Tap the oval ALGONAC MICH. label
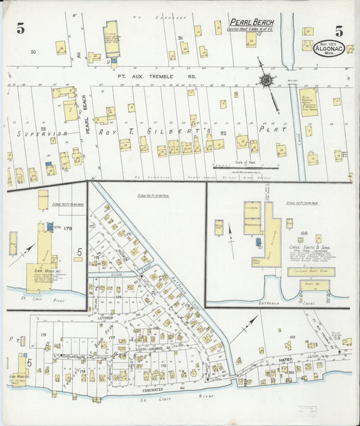tap(328, 48)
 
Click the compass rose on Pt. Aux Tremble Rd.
tap(267, 81)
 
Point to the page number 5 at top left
tap(21, 28)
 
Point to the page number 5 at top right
tap(338, 30)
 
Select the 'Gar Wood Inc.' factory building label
tap(39, 275)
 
